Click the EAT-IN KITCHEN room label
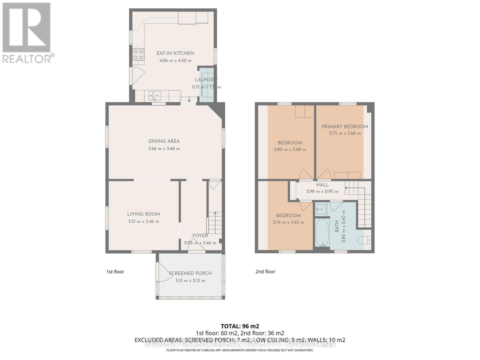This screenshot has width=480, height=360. tap(175, 53)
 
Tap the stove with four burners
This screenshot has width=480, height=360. tap(138, 55)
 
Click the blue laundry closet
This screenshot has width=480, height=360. tap(207, 85)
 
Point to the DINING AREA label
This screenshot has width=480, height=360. tap(164, 141)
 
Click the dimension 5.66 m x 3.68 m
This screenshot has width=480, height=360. tap(164, 148)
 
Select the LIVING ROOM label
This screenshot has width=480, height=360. tap(143, 214)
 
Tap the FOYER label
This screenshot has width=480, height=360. tap(200, 235)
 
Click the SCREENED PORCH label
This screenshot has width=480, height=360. tap(190, 273)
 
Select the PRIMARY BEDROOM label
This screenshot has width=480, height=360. tap(345, 127)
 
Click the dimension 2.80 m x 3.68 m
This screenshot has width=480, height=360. tap(290, 149)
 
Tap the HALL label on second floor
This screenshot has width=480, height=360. tap(322, 185)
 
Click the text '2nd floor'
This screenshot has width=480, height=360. tap(265, 271)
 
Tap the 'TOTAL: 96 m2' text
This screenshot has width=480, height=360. tap(240, 326)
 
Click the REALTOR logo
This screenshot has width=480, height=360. tap(27, 33)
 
